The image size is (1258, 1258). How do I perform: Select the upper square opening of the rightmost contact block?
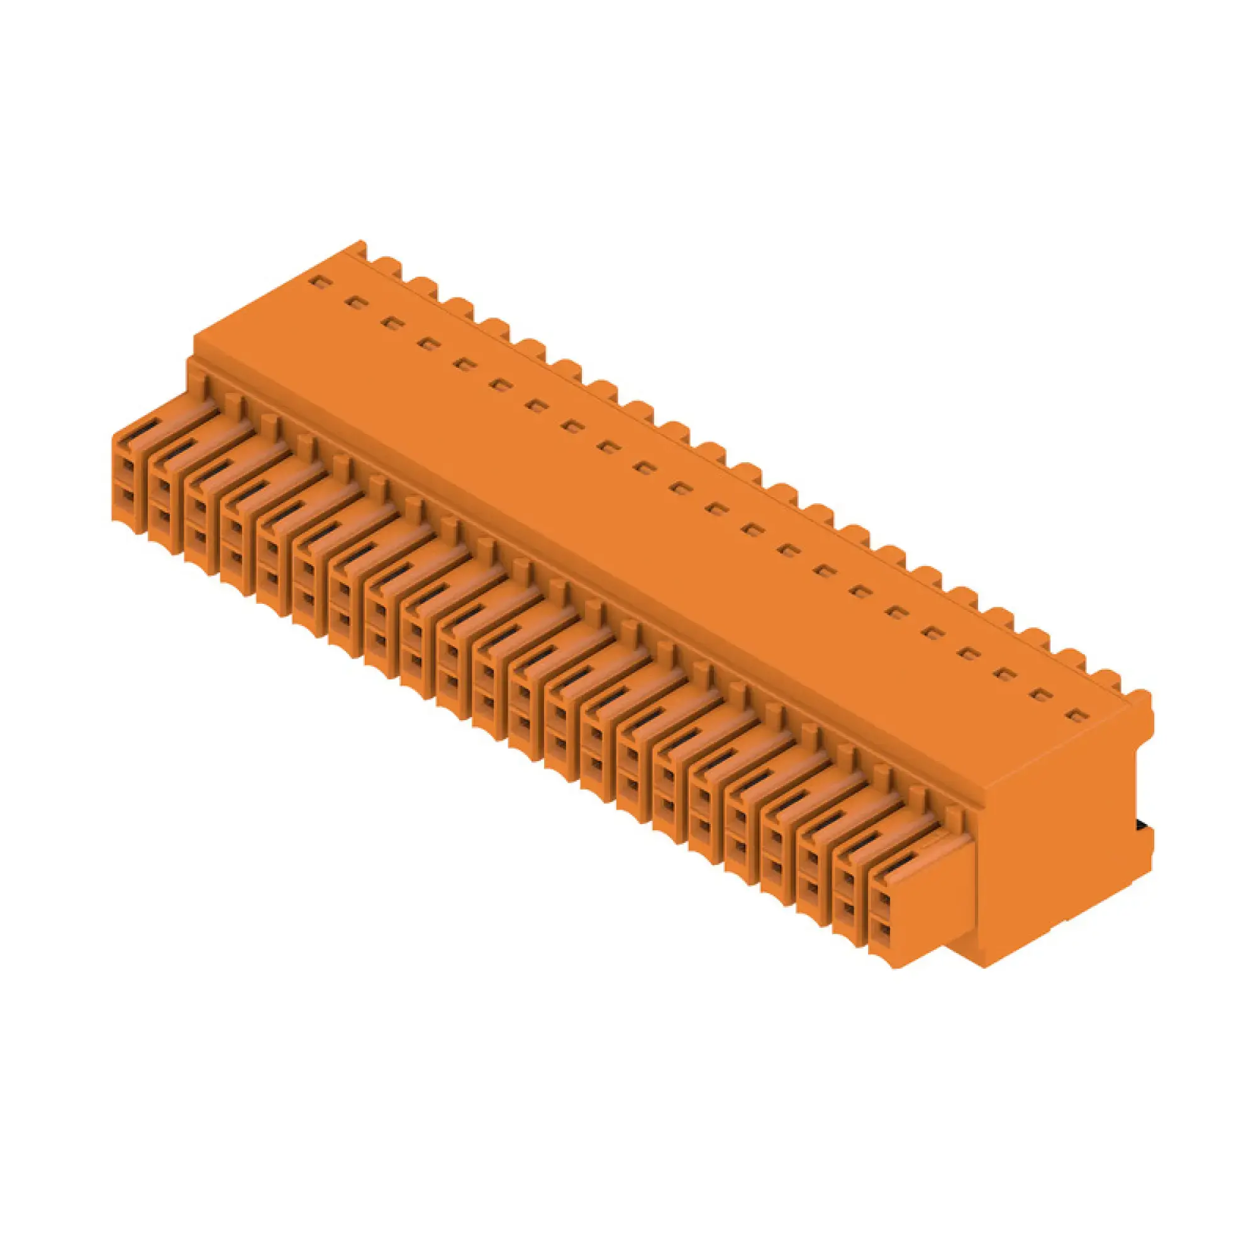[x=883, y=899]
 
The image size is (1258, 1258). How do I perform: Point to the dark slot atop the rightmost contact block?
[x=901, y=864]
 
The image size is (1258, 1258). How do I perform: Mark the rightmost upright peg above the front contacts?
[x=955, y=815]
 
